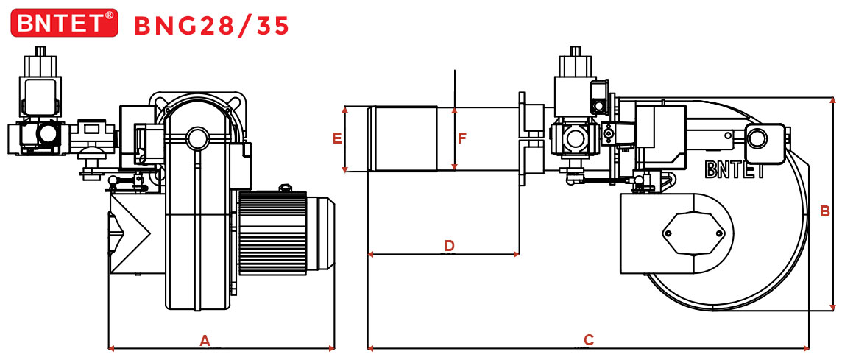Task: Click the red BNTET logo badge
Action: coord(64,24)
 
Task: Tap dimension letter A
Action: coord(205,340)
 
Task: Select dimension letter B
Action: coord(825,211)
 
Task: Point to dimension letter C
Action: coord(588,339)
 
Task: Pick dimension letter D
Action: coord(450,245)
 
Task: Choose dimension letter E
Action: coord(336,138)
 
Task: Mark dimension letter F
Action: coord(462,138)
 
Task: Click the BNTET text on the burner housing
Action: coord(735,169)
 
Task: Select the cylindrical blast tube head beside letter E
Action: coord(403,139)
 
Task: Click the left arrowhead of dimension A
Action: coord(111,347)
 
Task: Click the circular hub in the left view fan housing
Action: coord(197,138)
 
